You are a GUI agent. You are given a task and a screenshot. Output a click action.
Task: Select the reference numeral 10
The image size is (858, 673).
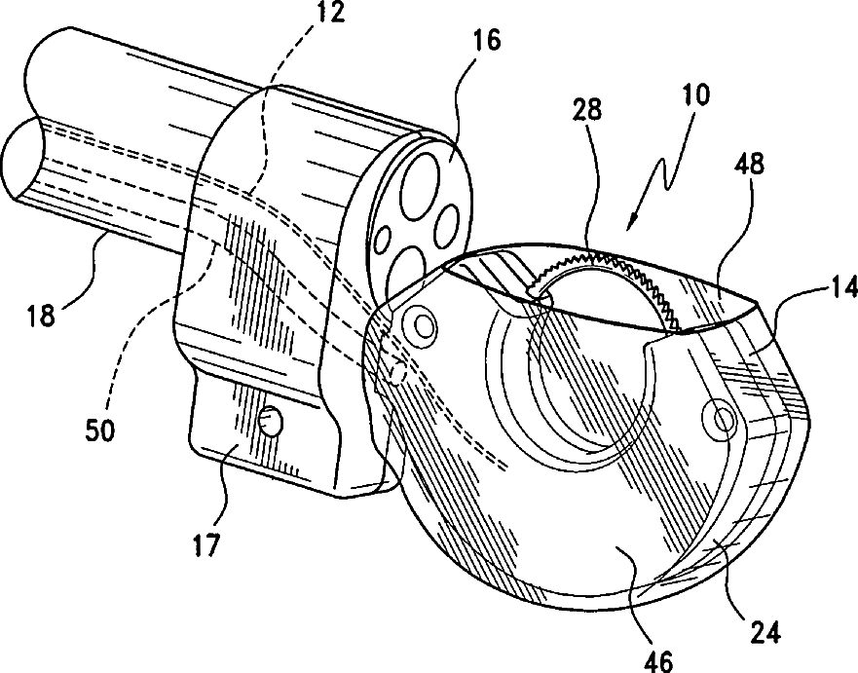click(696, 95)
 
